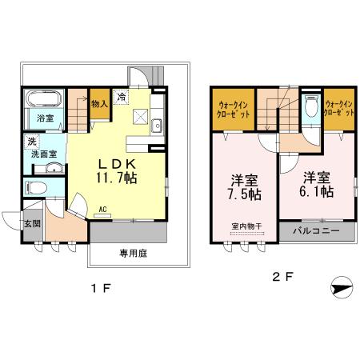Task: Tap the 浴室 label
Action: tap(44, 118)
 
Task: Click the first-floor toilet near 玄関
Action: tap(37, 189)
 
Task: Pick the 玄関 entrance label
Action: tap(31, 223)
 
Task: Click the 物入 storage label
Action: tap(100, 103)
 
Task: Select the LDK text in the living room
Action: tap(114, 159)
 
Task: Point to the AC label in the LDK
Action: tap(103, 210)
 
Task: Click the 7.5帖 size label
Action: tap(241, 194)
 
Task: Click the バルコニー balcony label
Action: tap(315, 230)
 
